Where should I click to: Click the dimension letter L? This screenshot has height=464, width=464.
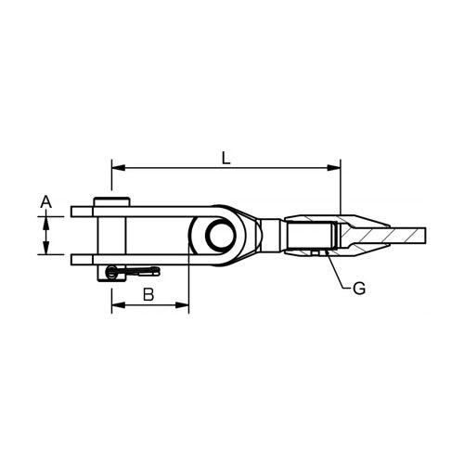226,158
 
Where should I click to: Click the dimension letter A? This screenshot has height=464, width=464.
45,200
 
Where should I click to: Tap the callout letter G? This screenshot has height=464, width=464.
359,288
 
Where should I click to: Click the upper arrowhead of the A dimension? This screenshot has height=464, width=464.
45,218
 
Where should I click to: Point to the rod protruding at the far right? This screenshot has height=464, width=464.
408,236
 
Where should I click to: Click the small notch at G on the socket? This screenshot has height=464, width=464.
316,252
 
